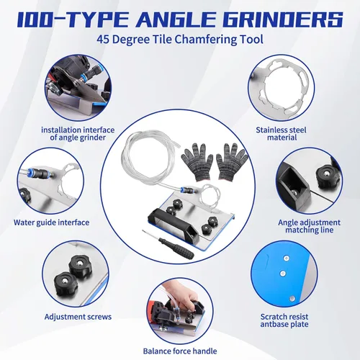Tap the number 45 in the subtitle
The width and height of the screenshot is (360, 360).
click(x=103, y=39)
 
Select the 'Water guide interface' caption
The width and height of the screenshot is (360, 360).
click(x=51, y=222)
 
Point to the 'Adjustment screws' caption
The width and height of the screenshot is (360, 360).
click(x=78, y=317)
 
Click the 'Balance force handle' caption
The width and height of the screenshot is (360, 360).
click(x=180, y=351)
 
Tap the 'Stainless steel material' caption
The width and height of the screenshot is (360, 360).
click(x=281, y=134)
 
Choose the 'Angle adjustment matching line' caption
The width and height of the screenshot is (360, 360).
click(x=309, y=226)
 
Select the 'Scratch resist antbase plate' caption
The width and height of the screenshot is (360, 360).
click(x=284, y=320)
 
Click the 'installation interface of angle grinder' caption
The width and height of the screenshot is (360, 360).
click(x=78, y=134)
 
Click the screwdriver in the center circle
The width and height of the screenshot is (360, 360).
click(x=168, y=244)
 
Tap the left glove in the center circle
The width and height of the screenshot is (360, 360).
click(x=197, y=162)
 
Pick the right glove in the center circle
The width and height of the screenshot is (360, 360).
click(x=232, y=161)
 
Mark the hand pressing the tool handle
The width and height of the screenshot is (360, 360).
click(x=186, y=296)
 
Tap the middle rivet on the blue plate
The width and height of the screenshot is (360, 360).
click(x=283, y=274)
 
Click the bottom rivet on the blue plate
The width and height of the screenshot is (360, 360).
click(x=292, y=299)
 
